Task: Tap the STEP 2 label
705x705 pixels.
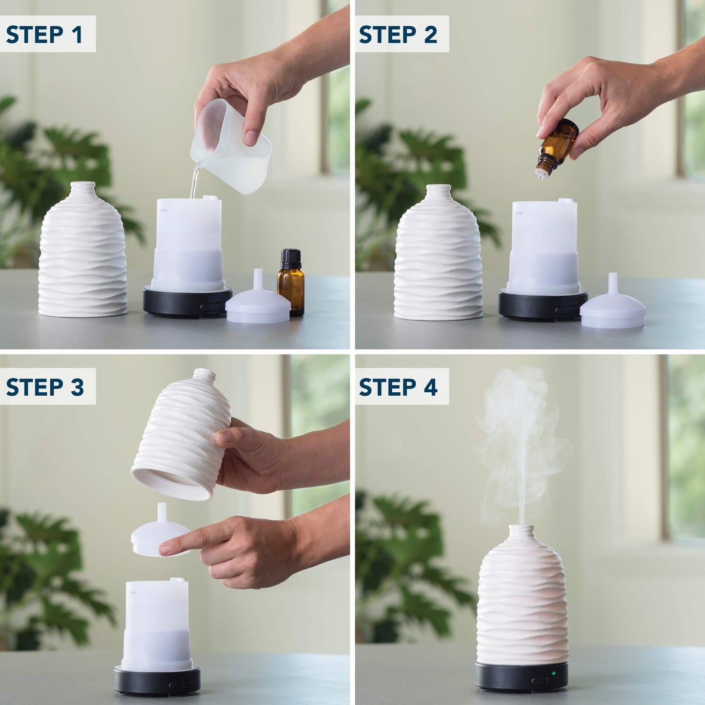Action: [x=398, y=35]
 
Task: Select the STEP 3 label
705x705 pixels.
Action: [x=45, y=387]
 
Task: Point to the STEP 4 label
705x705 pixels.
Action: [x=398, y=387]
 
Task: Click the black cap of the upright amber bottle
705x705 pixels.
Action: [x=291, y=258]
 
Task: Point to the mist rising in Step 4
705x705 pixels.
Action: [x=520, y=439]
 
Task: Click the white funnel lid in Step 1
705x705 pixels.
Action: [x=258, y=304]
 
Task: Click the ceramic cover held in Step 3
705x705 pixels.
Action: [x=183, y=434]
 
